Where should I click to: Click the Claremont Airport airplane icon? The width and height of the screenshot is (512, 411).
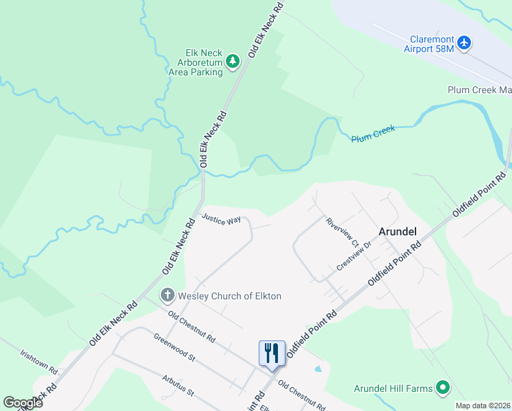(x=465, y=42)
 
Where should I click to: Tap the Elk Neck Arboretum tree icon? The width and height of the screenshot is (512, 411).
(x=233, y=62)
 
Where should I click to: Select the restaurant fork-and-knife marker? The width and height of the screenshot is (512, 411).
(x=272, y=353)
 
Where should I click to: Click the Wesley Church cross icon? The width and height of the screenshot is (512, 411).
(x=167, y=296)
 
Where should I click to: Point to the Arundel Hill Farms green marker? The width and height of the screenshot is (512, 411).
(x=442, y=388)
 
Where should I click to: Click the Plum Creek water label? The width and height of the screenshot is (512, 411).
(x=374, y=134)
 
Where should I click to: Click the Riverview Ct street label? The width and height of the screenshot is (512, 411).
(x=342, y=233)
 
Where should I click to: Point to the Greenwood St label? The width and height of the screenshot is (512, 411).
(x=175, y=348)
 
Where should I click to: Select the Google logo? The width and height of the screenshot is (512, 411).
(x=23, y=403)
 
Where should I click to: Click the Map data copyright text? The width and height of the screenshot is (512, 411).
(x=483, y=406)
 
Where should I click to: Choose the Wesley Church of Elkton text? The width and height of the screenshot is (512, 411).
(x=230, y=296)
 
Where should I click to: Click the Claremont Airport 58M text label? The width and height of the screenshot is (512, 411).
(x=429, y=44)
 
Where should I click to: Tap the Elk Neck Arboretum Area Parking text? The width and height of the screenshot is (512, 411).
(x=196, y=62)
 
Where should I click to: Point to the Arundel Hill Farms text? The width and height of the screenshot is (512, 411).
(x=393, y=388)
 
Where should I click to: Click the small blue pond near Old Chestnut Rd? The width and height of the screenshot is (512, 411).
(x=317, y=369)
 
